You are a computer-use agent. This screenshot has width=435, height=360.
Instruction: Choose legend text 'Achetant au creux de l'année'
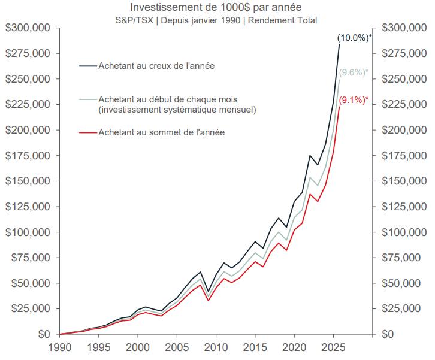click(x=156, y=65)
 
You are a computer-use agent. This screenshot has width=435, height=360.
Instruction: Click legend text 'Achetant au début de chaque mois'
click(x=169, y=99)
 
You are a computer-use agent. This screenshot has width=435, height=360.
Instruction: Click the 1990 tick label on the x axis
click(x=60, y=347)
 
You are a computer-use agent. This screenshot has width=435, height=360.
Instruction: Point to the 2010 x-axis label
click(x=215, y=347)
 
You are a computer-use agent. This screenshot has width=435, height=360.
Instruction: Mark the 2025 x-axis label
click(x=332, y=347)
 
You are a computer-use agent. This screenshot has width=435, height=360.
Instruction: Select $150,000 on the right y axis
click(x=401, y=181)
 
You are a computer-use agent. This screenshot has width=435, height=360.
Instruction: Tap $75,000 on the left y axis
click(x=31, y=258)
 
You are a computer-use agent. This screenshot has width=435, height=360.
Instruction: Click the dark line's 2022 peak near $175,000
click(x=310, y=156)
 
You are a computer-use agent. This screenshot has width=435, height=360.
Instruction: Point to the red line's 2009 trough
click(x=208, y=300)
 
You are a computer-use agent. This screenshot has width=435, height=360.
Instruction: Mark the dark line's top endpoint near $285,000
click(x=339, y=44)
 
